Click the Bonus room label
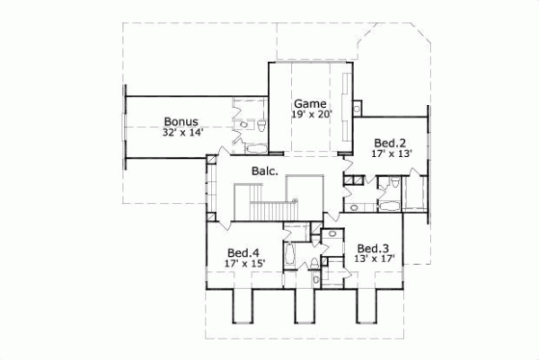[x=180, y=120]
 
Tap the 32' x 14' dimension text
[x=183, y=132]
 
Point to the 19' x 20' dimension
[x=311, y=115]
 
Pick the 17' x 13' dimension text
[x=391, y=154]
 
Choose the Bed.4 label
[x=243, y=252]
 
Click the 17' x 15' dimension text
[x=244, y=264]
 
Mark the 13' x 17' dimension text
[x=376, y=260]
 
